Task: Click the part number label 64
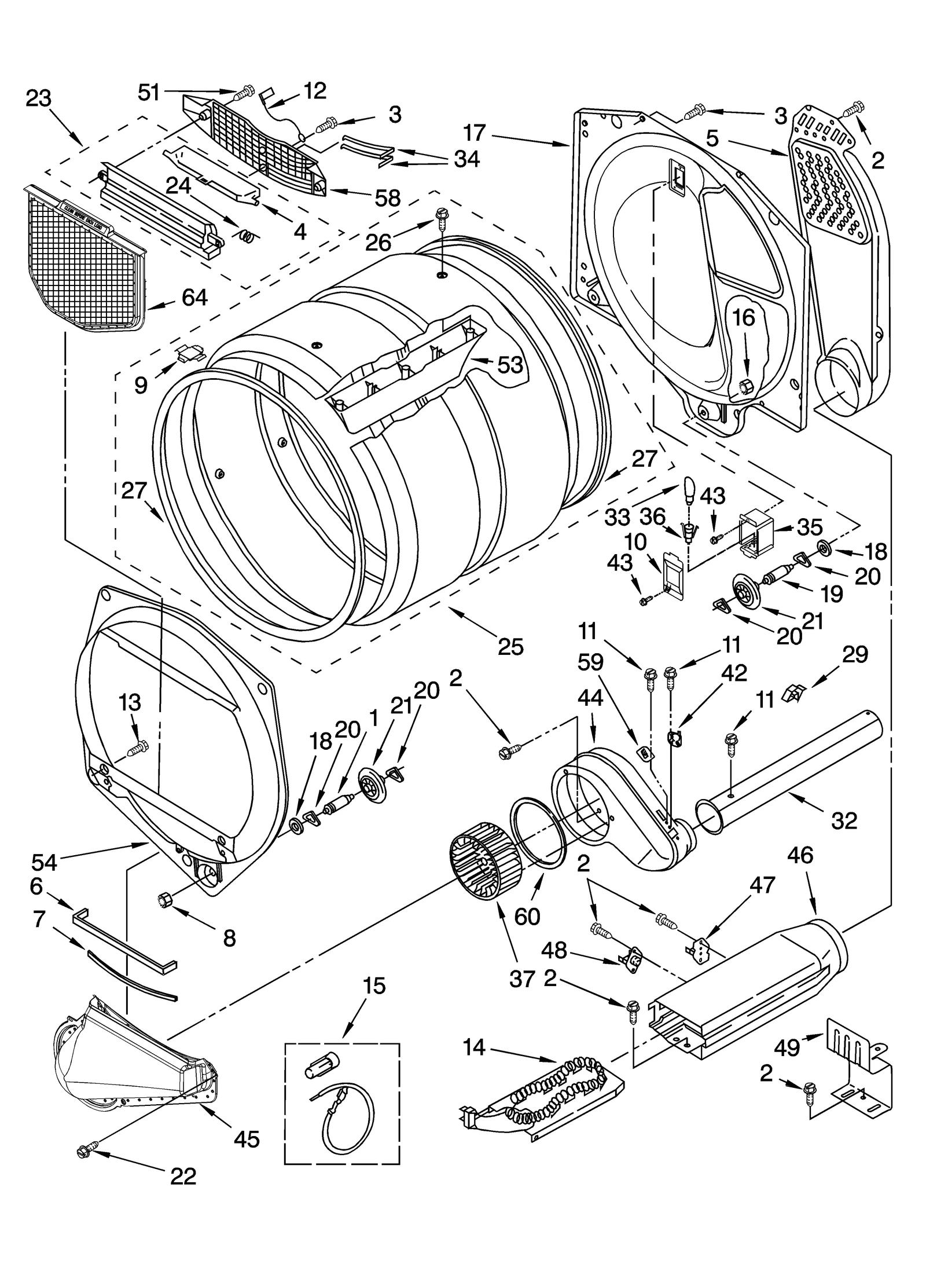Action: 194,298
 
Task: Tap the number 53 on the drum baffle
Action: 510,365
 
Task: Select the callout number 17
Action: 475,133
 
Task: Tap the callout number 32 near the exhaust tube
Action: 843,820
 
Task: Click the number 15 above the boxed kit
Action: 374,985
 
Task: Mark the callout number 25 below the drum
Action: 510,646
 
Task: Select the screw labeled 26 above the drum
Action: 442,219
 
